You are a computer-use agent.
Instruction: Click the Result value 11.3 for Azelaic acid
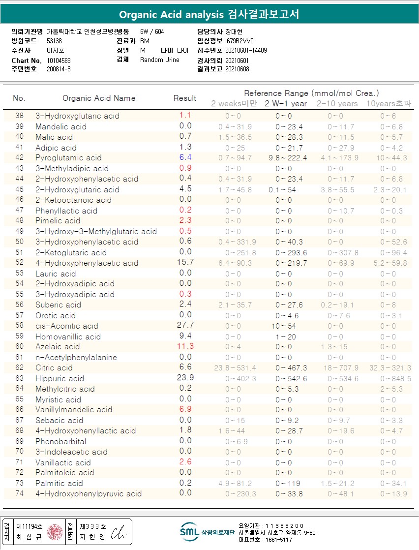coord(185,346)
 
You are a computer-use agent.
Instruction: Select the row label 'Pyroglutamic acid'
coord(68,158)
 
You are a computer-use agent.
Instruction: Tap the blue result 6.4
coord(185,157)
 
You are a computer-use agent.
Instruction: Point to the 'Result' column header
coord(185,98)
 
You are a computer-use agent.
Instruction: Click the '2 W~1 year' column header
coord(286,103)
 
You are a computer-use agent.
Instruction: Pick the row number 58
coord(19,326)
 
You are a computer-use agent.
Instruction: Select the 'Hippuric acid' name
coord(60,378)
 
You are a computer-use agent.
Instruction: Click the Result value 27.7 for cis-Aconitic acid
coord(185,325)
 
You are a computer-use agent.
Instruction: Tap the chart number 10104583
coord(59,61)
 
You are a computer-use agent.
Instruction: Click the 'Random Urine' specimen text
coord(160,60)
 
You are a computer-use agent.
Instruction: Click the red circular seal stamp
coord(55,531)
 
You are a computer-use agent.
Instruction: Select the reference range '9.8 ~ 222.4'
coord(288,158)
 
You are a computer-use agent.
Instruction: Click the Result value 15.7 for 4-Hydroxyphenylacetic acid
coord(185,262)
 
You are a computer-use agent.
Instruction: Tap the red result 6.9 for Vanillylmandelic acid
coord(185,409)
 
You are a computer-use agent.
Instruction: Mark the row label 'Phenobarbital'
coord(60,441)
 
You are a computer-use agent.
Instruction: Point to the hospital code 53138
coord(54,41)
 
